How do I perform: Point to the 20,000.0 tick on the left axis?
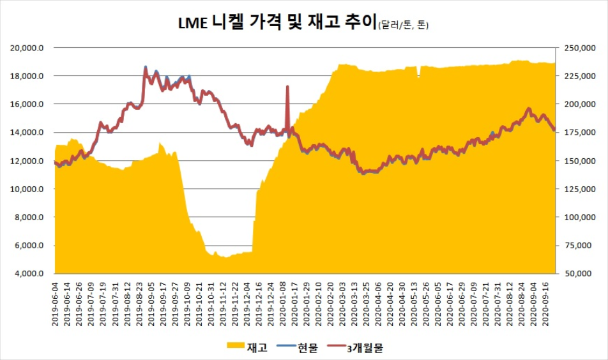tap(29, 48)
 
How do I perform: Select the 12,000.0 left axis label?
tap(29, 161)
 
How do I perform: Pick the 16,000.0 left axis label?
tap(29, 104)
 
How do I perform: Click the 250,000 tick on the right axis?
tap(577, 48)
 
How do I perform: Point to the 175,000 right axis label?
tap(577, 133)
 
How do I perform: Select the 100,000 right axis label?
tap(577, 217)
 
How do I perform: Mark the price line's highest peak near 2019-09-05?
tap(145, 67)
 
